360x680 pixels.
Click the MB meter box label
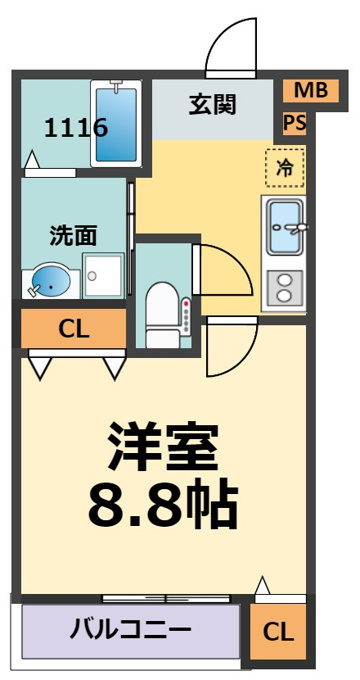pyautogui.click(x=311, y=90)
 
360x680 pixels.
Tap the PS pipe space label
pyautogui.click(x=295, y=122)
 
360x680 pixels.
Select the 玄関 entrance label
pyautogui.click(x=212, y=104)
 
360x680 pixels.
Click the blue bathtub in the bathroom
pyautogui.click(x=116, y=124)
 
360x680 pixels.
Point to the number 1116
pyautogui.click(x=76, y=128)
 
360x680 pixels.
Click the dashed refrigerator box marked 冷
pyautogui.click(x=285, y=167)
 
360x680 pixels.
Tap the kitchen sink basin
pyautogui.click(x=285, y=227)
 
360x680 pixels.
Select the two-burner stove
pyautogui.click(x=285, y=288)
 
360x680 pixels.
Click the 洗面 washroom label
pyautogui.click(x=72, y=236)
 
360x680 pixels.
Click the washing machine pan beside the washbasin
pyautogui.click(x=104, y=276)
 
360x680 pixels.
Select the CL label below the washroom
pyautogui.click(x=74, y=330)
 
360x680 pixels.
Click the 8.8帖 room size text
pyautogui.click(x=163, y=505)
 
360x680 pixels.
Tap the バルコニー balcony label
pyautogui.click(x=131, y=628)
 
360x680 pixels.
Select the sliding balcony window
pyautogui.click(x=166, y=598)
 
